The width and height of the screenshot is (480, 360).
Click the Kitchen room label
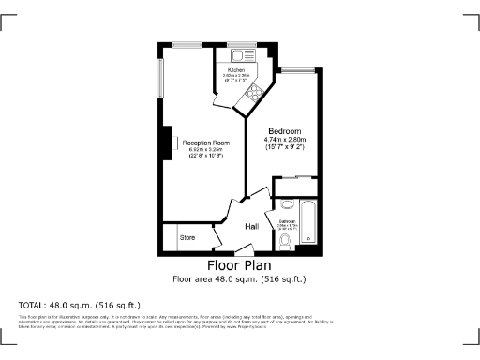236,70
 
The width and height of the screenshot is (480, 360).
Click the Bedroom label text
284,130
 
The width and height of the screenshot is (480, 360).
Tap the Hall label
252,227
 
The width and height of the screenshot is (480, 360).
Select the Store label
187,238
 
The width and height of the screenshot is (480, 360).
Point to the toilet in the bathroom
285,243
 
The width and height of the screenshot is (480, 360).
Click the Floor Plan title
239,265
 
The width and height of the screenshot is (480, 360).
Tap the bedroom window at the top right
299,70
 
